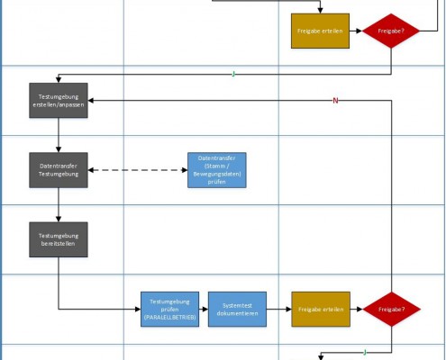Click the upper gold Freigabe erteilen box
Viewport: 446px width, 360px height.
pos(320,31)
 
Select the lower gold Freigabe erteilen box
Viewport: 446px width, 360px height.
pos(320,309)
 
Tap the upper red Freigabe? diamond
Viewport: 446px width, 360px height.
pos(390,31)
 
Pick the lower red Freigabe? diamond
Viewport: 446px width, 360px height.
pos(390,309)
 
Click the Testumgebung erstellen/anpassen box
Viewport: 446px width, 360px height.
pos(59,99)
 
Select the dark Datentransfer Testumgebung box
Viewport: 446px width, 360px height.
pos(59,170)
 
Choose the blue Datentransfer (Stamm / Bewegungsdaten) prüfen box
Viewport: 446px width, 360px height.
pos(216,170)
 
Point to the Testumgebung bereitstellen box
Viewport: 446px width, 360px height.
pos(59,239)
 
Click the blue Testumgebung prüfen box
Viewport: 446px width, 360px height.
pos(169,309)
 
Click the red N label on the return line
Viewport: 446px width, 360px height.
pos(335,100)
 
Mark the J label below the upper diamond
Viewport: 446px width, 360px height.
pos(234,74)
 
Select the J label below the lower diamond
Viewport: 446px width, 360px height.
pos(364,351)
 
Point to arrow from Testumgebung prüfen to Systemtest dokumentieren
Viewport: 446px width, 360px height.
pos(204,309)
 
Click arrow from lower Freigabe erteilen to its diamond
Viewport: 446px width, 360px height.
pos(355,309)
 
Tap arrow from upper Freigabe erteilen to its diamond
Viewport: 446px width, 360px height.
pos(355,31)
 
